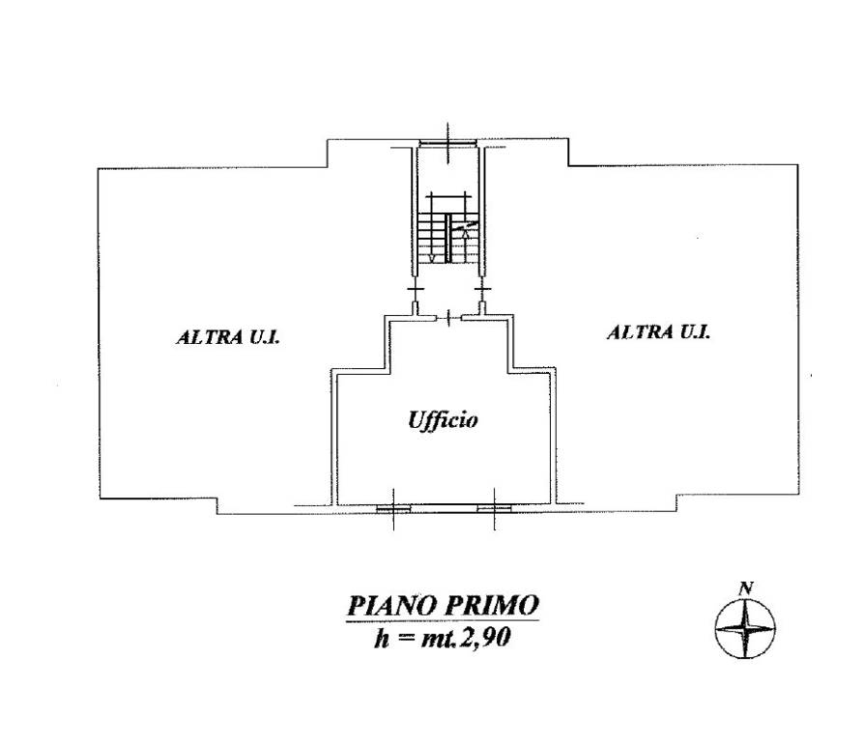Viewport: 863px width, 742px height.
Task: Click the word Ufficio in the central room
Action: pyautogui.click(x=443, y=420)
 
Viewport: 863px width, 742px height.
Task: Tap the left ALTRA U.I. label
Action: pyautogui.click(x=228, y=336)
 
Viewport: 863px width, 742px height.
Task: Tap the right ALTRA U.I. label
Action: pyautogui.click(x=658, y=331)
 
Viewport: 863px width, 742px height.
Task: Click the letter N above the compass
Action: pyautogui.click(x=746, y=588)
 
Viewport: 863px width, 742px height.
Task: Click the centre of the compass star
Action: pyautogui.click(x=745, y=628)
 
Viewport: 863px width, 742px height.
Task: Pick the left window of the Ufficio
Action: pyautogui.click(x=393, y=509)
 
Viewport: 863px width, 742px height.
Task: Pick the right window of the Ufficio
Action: pyautogui.click(x=494, y=509)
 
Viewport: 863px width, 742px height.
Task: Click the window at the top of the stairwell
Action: pyautogui.click(x=447, y=144)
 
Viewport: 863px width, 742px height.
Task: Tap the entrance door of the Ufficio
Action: pyautogui.click(x=449, y=317)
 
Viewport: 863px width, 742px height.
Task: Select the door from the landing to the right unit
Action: pyautogui.click(x=482, y=296)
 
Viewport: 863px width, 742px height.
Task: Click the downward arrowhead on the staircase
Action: pyautogui.click(x=432, y=257)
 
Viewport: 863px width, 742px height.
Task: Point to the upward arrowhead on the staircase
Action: pyautogui.click(x=466, y=233)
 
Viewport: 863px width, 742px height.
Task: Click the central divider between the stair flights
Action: pyautogui.click(x=448, y=238)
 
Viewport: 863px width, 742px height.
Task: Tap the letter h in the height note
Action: pyautogui.click(x=382, y=639)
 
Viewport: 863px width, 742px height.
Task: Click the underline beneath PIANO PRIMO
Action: pyautogui.click(x=443, y=621)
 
